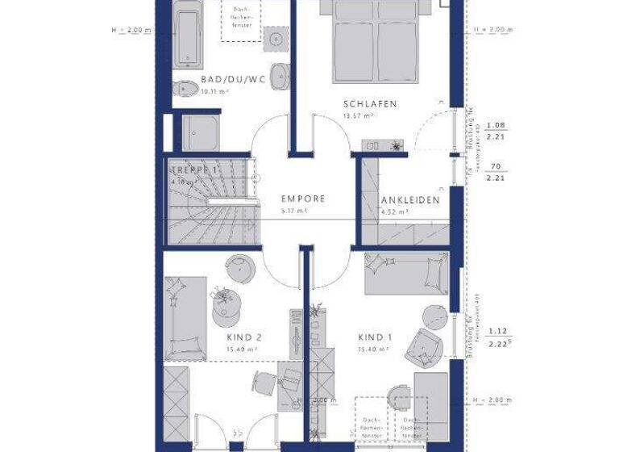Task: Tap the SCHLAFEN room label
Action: click(x=370, y=104)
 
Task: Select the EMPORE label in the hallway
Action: click(x=302, y=199)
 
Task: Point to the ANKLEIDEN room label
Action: click(x=410, y=200)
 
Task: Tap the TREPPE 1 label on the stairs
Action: click(x=194, y=170)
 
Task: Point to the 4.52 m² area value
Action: click(x=394, y=212)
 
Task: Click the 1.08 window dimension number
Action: click(x=496, y=125)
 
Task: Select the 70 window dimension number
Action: click(x=496, y=167)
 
